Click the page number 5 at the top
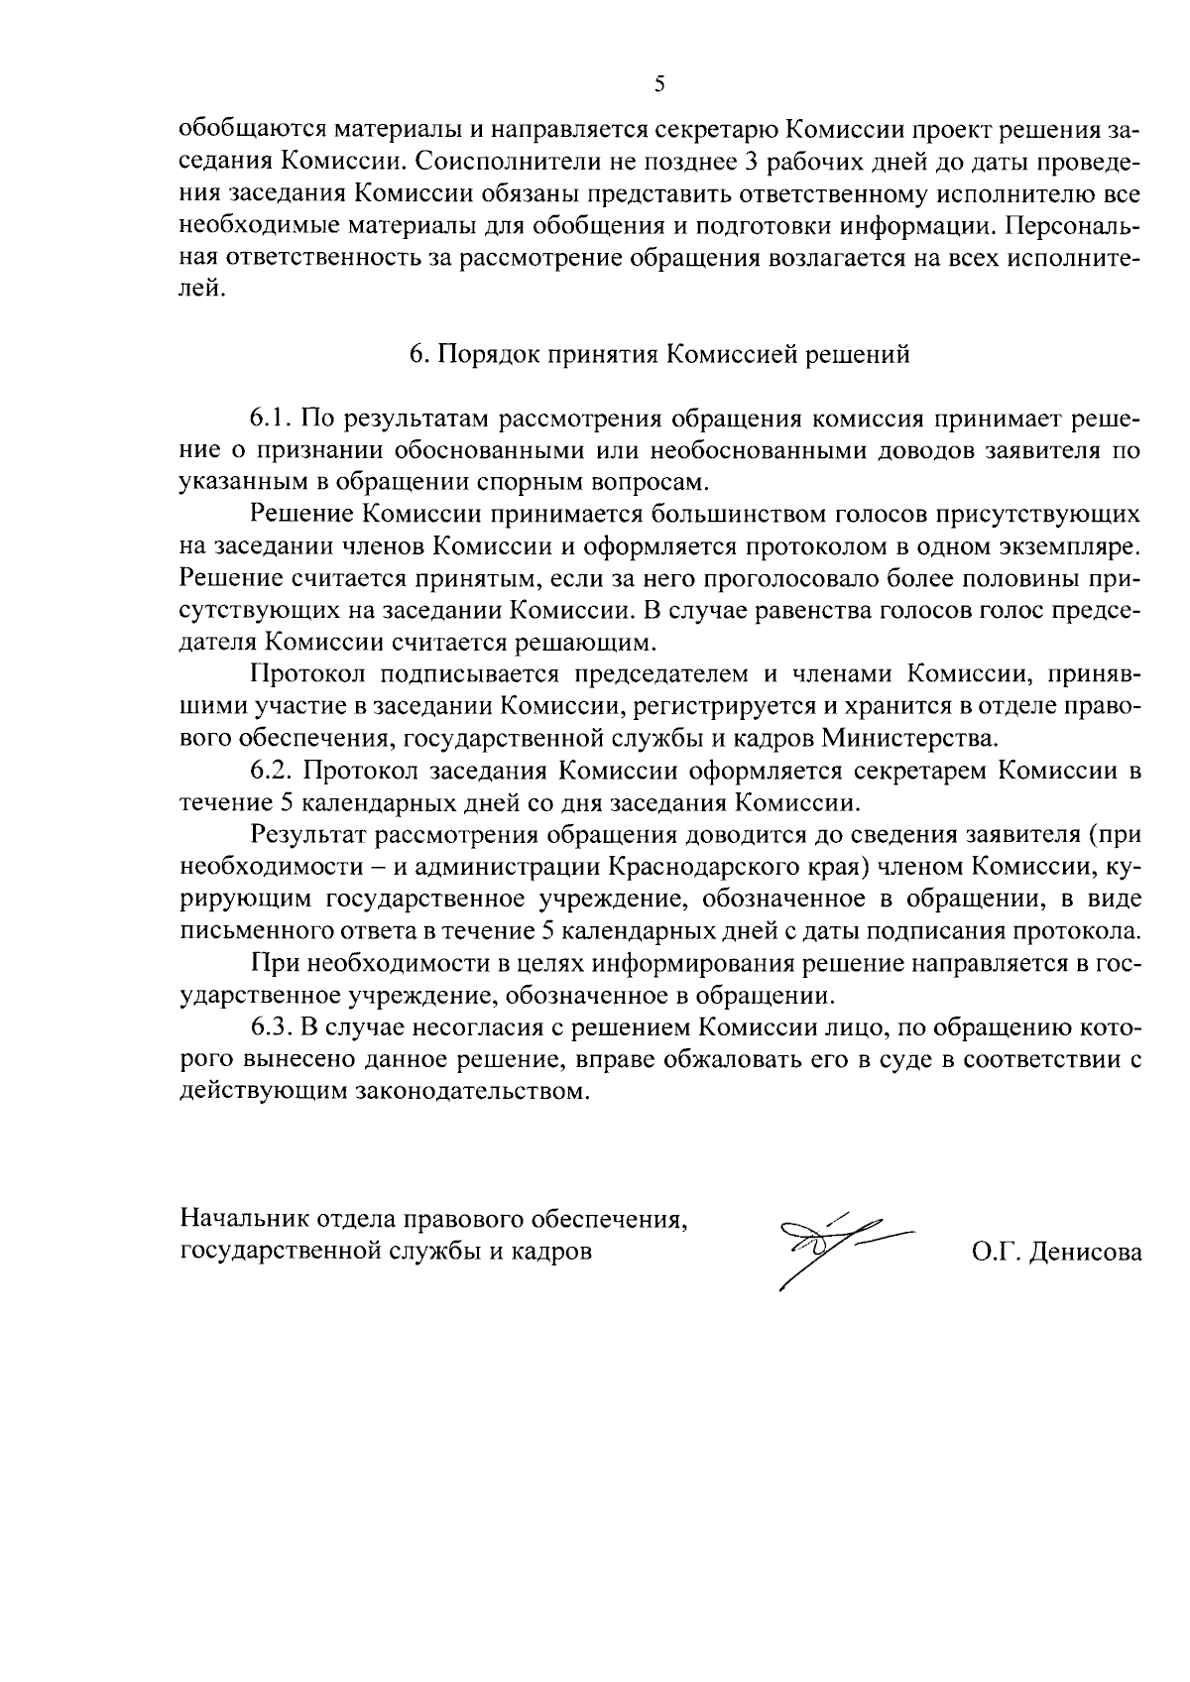pyautogui.click(x=659, y=84)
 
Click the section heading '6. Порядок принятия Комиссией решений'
pyautogui.click(x=659, y=354)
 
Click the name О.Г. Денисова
pyautogui.click(x=1056, y=1253)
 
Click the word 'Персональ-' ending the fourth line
pyautogui.click(x=1072, y=226)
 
